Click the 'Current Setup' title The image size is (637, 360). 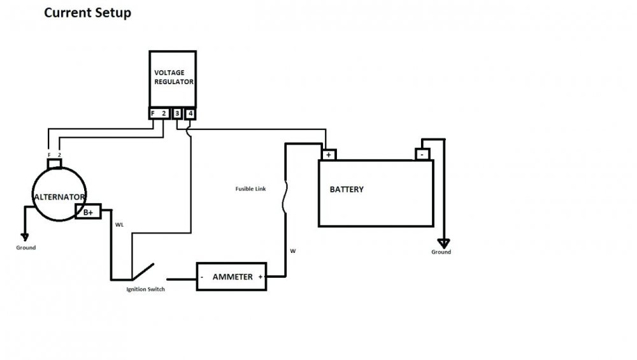87,13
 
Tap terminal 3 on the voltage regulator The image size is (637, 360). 177,113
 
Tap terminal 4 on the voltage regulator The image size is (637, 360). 190,113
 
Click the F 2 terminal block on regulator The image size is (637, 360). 159,113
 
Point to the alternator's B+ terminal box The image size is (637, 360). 89,213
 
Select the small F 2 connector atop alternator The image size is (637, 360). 54,162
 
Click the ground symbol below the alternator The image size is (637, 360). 25,236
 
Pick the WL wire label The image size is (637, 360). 120,225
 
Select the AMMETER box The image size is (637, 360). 233,277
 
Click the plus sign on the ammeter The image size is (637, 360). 261,277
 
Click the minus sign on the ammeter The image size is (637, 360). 203,277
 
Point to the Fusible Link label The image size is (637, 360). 250,189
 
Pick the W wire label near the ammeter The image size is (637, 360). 293,251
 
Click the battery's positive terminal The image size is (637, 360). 328,154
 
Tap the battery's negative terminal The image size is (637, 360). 422,154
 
